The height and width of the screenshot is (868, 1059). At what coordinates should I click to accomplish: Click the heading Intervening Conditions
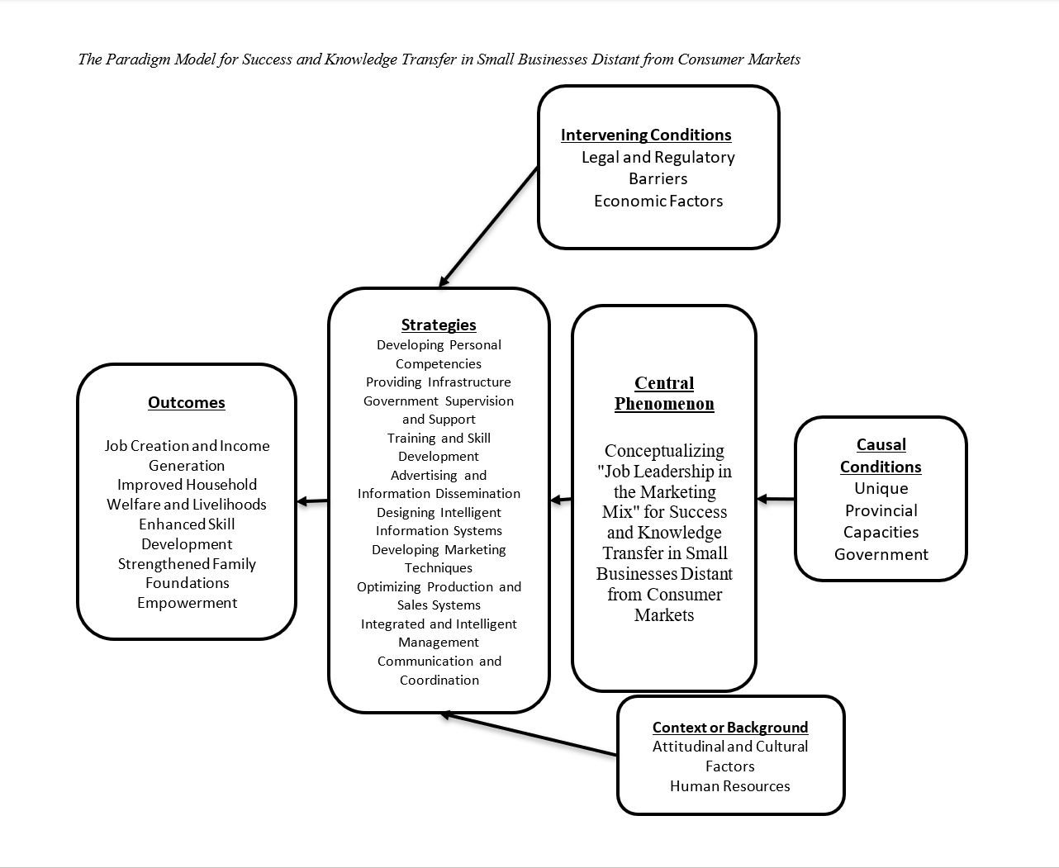tap(646, 135)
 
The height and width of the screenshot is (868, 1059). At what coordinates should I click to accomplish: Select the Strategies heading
tap(439, 325)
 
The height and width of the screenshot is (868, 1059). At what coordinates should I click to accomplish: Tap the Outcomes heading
tap(187, 402)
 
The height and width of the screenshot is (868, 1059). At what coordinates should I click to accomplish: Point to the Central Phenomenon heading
tap(664, 393)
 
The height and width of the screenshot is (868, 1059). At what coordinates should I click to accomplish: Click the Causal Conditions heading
tap(881, 455)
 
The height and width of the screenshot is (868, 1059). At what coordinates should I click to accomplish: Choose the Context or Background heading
tap(730, 727)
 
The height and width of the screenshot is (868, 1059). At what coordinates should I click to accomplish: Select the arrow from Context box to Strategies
tap(529, 734)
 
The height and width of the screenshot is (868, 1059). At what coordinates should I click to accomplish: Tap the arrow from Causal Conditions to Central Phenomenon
tap(776, 499)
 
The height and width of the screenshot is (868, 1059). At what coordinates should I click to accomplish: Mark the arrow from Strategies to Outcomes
tap(312, 500)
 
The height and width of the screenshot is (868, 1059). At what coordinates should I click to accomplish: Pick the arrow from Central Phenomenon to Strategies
tap(561, 499)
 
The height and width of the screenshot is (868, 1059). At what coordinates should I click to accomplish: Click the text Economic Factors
tap(658, 201)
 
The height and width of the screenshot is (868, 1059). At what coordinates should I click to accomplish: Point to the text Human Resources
tap(730, 786)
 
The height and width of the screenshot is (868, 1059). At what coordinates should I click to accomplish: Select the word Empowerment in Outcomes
tap(187, 603)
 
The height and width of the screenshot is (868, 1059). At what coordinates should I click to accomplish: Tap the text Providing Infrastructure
tap(439, 382)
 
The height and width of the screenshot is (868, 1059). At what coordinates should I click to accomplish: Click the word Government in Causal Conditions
tap(881, 554)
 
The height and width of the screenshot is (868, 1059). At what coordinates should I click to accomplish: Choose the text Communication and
tap(439, 661)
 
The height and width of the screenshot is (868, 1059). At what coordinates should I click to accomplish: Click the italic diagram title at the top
tap(439, 59)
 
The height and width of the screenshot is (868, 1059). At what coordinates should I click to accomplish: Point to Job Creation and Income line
tap(187, 446)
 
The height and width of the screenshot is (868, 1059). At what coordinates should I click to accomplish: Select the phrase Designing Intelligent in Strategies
tap(439, 512)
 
